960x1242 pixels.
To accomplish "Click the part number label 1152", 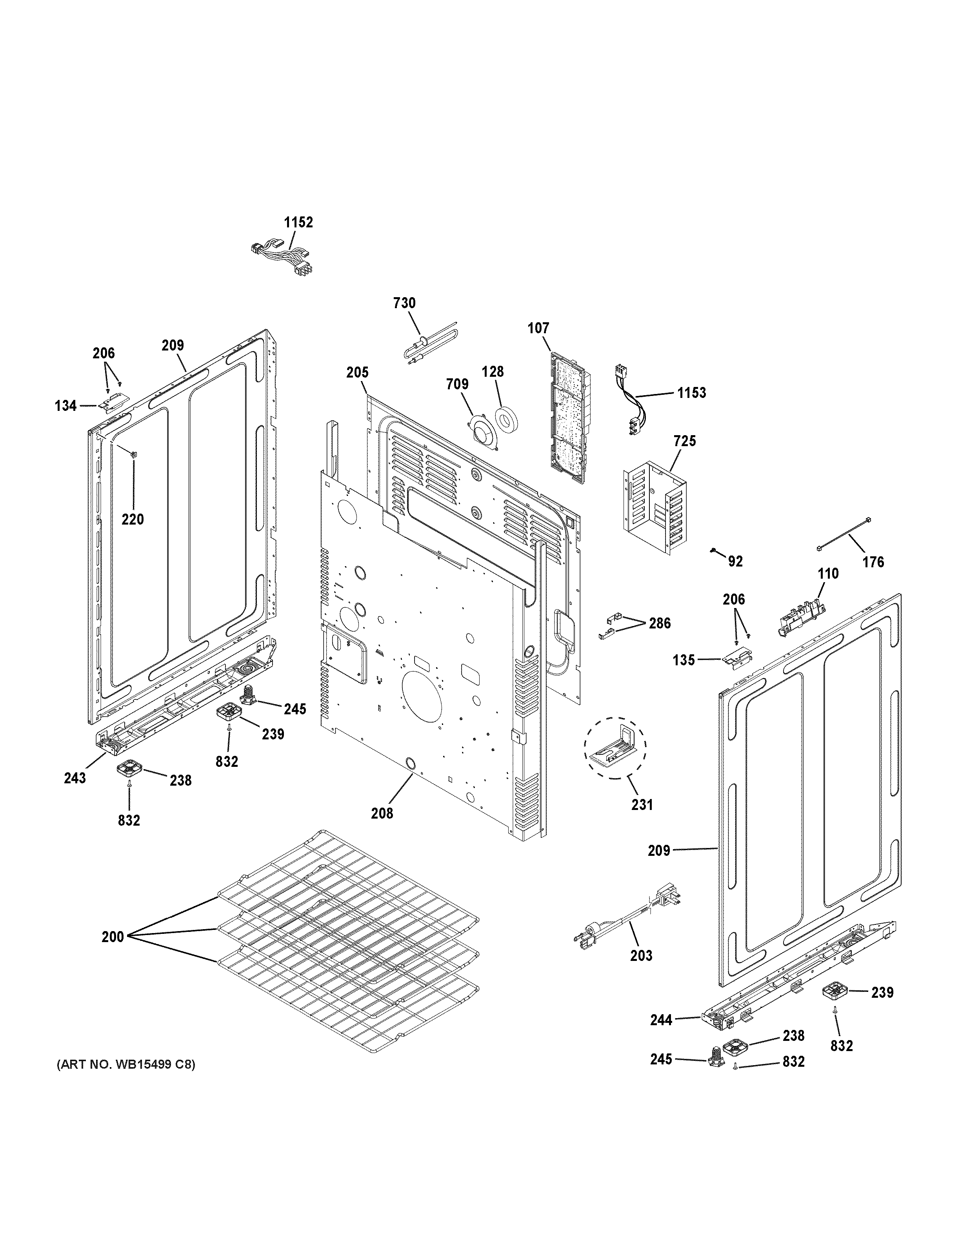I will [298, 222].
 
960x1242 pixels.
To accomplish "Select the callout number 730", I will [404, 303].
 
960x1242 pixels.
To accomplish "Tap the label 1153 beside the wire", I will [691, 392].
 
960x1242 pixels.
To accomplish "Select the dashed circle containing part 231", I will [615, 747].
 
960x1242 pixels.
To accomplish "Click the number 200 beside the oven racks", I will [113, 937].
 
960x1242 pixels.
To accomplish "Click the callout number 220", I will [133, 519].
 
